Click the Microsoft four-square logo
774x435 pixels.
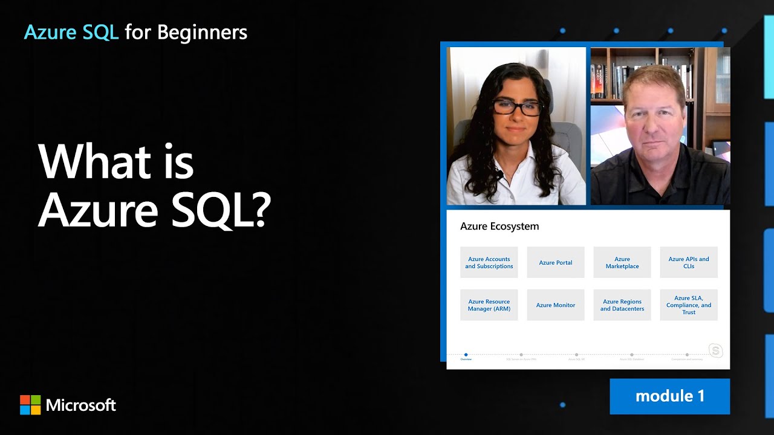(x=30, y=405)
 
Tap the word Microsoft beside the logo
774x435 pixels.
(x=81, y=405)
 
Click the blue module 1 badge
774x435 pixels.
(x=669, y=396)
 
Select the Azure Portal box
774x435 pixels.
(x=555, y=262)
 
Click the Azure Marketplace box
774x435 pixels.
(x=622, y=262)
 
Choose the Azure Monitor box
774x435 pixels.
(x=555, y=305)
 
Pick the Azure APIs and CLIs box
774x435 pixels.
(x=688, y=262)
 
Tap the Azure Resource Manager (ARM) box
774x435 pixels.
(x=489, y=305)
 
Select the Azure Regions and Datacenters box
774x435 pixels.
(x=622, y=305)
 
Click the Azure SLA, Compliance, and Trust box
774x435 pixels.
(x=688, y=305)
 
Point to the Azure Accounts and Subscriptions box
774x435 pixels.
(x=489, y=262)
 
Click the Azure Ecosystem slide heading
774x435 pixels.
(x=499, y=227)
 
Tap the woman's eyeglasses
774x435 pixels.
(x=517, y=108)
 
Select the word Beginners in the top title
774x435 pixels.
(x=202, y=32)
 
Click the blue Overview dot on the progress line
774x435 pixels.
(x=466, y=355)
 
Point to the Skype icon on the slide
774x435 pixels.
(x=715, y=350)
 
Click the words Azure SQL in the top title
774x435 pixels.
(x=71, y=32)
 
